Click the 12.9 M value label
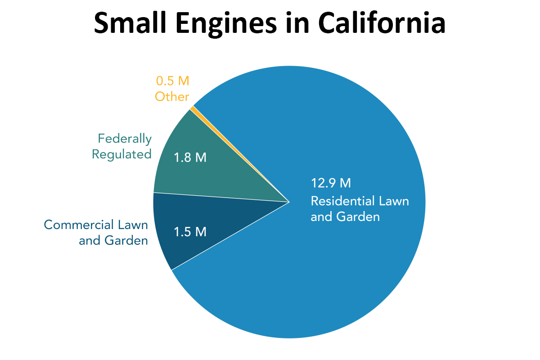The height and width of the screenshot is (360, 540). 331,183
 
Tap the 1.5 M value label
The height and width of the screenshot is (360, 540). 190,232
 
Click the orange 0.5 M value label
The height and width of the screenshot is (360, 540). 172,81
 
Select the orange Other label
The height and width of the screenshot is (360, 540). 172,97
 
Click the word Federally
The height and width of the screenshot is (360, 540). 125,139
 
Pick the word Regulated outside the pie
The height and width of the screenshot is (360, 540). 121,154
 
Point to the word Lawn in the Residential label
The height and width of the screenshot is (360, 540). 394,201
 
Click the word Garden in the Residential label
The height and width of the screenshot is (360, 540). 358,217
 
